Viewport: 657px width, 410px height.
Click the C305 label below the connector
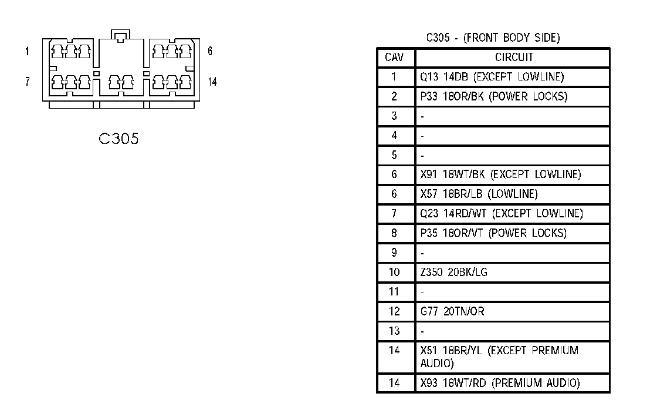point(118,139)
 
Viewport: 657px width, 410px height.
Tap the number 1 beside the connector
point(27,52)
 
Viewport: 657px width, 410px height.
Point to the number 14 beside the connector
point(212,82)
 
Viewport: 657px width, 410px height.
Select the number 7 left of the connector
point(27,82)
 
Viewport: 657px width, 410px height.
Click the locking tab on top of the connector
point(120,37)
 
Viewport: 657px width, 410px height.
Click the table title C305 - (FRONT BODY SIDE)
point(493,38)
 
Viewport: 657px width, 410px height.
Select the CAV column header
point(394,58)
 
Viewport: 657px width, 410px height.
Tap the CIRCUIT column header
point(514,58)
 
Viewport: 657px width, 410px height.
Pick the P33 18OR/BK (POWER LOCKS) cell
point(493,96)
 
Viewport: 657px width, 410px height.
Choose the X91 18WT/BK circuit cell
point(500,174)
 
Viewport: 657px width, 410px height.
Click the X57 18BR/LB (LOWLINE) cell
point(479,194)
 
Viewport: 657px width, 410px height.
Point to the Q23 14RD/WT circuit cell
point(502,214)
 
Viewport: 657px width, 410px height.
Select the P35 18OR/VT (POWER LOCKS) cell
point(493,233)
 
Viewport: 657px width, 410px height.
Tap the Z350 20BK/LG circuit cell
point(453,273)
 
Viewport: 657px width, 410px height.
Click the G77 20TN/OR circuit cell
point(452,311)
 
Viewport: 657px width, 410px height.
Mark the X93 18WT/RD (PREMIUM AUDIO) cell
point(500,384)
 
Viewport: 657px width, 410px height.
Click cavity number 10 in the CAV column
point(394,273)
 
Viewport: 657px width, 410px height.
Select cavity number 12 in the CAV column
point(394,311)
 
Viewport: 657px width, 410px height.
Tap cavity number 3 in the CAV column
point(394,116)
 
